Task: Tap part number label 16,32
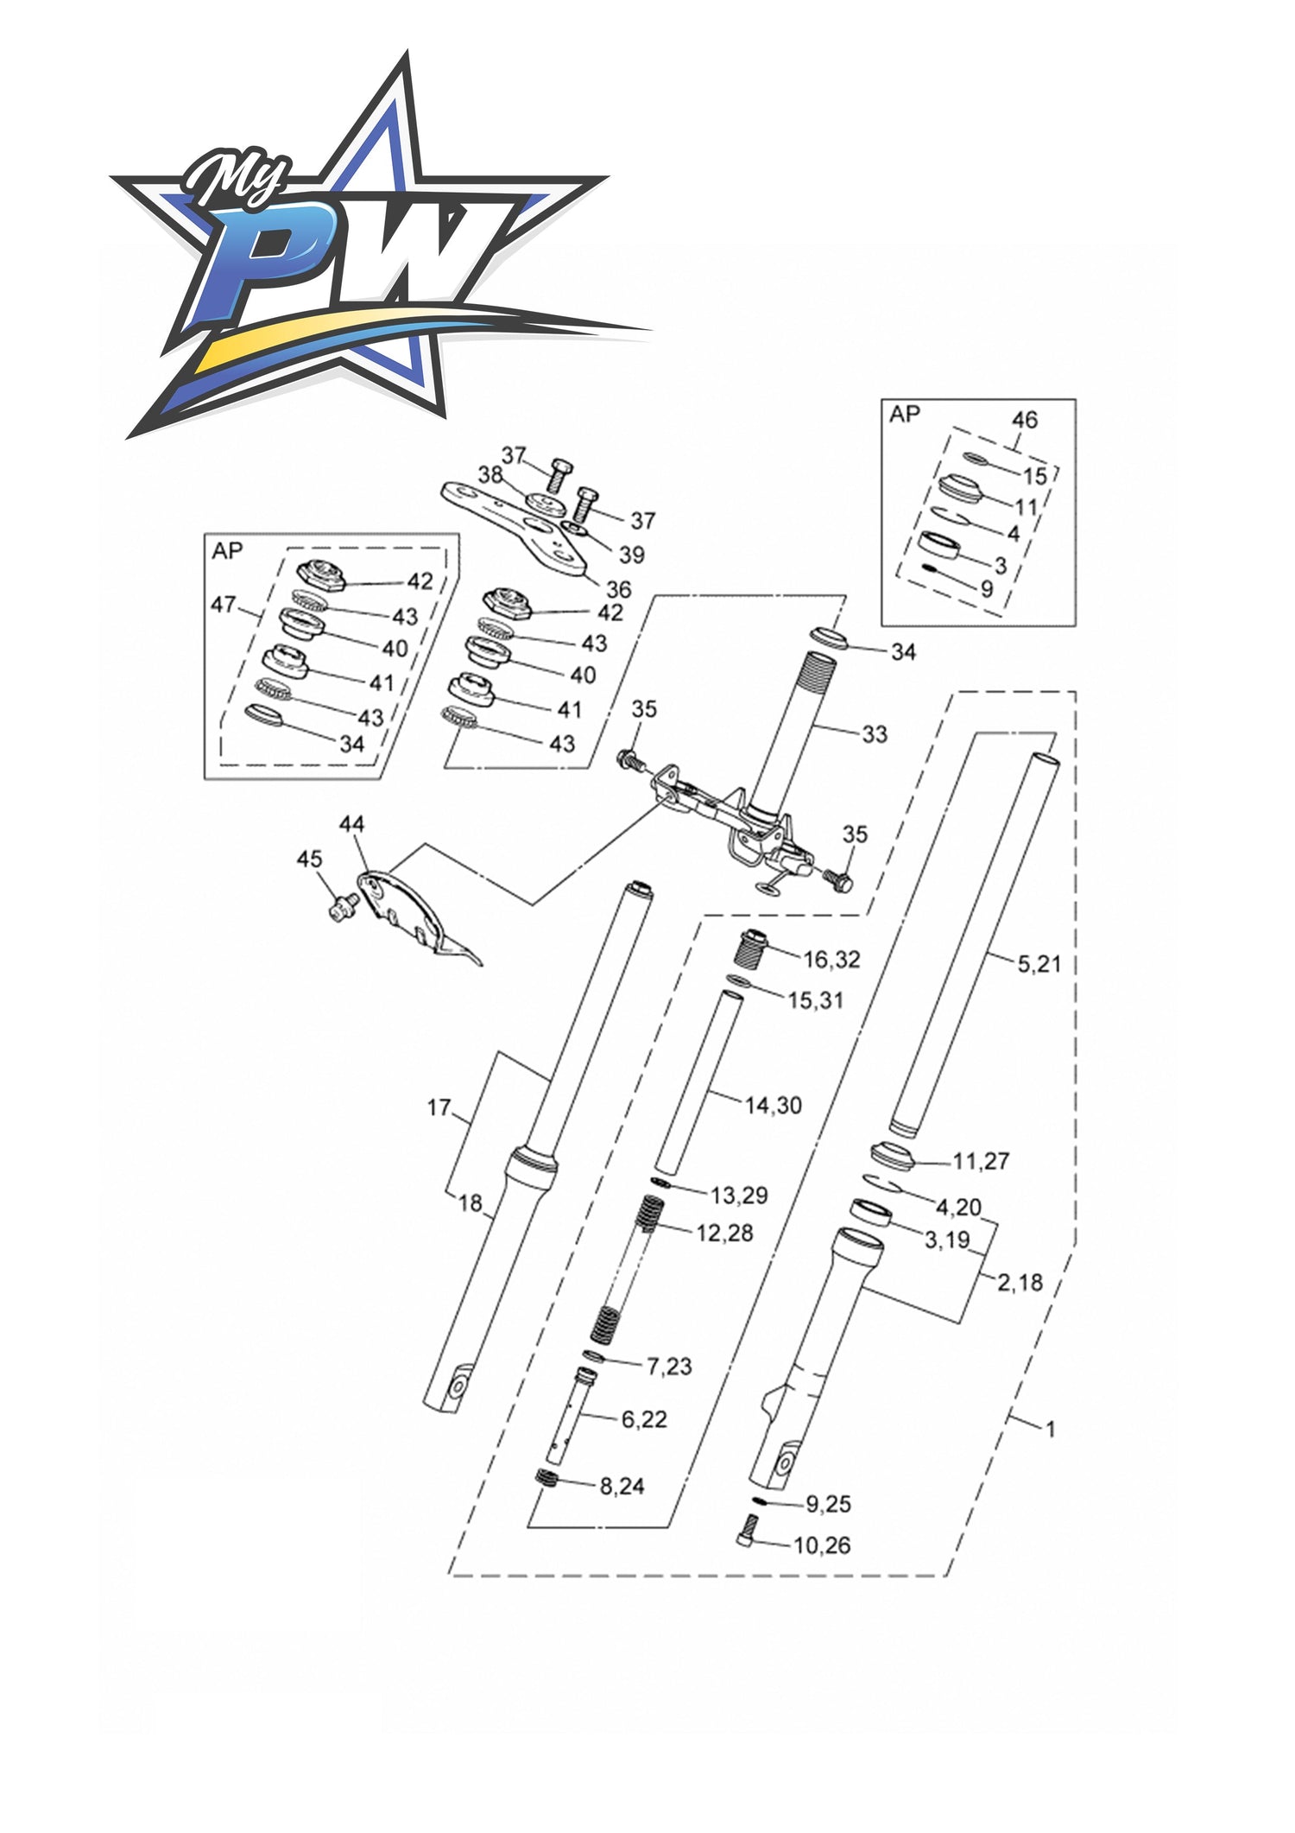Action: point(831,959)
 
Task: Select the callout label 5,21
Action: point(1039,963)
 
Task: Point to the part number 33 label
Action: point(875,733)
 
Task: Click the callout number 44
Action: point(351,824)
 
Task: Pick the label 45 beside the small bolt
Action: point(309,859)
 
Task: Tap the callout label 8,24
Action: point(622,1486)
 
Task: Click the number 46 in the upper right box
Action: point(1024,420)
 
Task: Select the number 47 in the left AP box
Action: point(224,605)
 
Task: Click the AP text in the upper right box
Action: point(905,415)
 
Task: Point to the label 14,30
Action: point(774,1105)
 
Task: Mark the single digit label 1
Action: point(1051,1430)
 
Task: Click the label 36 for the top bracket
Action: point(618,589)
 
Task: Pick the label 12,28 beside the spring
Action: point(724,1233)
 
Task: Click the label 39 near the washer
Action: point(632,554)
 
